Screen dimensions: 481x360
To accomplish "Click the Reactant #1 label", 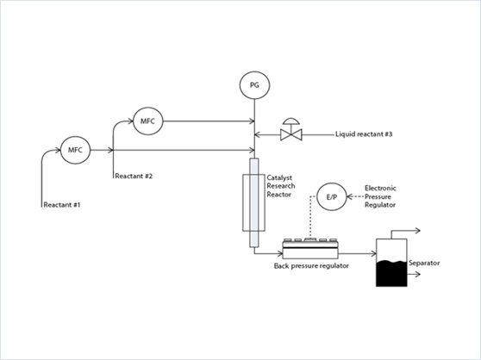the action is [62, 205].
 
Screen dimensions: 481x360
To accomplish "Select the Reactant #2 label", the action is [134, 177].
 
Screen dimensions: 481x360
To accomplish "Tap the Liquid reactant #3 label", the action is [364, 134].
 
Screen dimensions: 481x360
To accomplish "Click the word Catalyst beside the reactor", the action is [279, 178].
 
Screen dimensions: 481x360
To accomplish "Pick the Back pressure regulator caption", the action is [311, 265].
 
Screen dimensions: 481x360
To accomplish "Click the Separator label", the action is [424, 263].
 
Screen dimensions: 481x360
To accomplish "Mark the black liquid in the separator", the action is [391, 273].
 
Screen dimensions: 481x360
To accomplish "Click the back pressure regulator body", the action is [310, 249].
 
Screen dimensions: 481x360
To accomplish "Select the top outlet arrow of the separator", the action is [405, 231].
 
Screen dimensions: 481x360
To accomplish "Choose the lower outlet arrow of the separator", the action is [414, 274].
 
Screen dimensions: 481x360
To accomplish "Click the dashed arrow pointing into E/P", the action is [356, 196].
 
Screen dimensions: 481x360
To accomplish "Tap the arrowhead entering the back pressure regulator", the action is [280, 253].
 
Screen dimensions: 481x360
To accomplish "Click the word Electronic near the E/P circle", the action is [380, 188].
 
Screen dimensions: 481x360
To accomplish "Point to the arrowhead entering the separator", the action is [373, 253].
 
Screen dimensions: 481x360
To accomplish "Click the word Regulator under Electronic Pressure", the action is [380, 205].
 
